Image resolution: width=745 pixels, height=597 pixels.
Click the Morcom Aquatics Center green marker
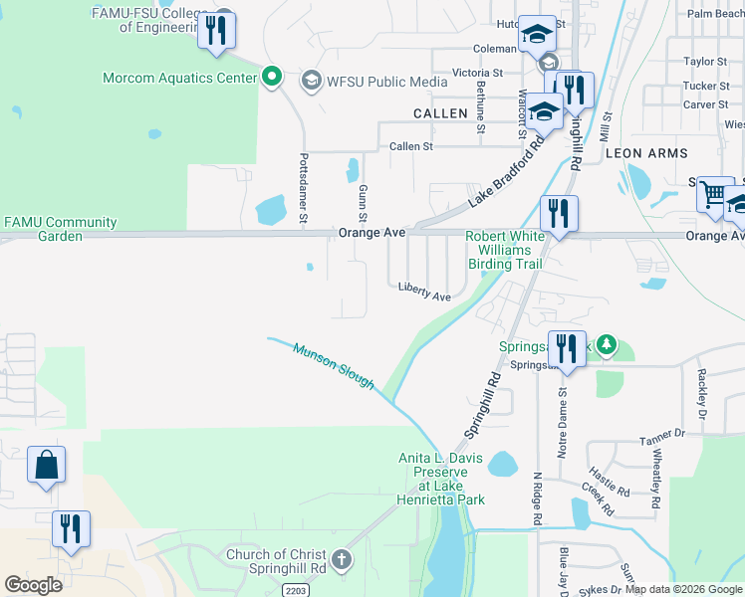[x=271, y=78]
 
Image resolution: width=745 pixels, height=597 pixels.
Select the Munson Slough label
[x=334, y=365]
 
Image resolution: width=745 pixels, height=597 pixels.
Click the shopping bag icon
[x=46, y=465]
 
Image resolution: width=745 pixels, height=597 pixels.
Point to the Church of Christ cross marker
[x=342, y=559]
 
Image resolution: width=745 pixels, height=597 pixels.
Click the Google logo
[x=33, y=585]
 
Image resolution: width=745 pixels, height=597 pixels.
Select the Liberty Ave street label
[x=425, y=290]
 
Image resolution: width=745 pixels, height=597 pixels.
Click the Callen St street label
[x=411, y=146]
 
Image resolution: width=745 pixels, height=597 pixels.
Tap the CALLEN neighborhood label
[x=439, y=113]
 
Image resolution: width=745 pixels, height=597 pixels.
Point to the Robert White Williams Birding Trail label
[x=506, y=250]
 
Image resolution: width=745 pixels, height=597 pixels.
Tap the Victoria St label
[x=477, y=73]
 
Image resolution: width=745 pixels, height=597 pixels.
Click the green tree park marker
[x=604, y=346]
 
